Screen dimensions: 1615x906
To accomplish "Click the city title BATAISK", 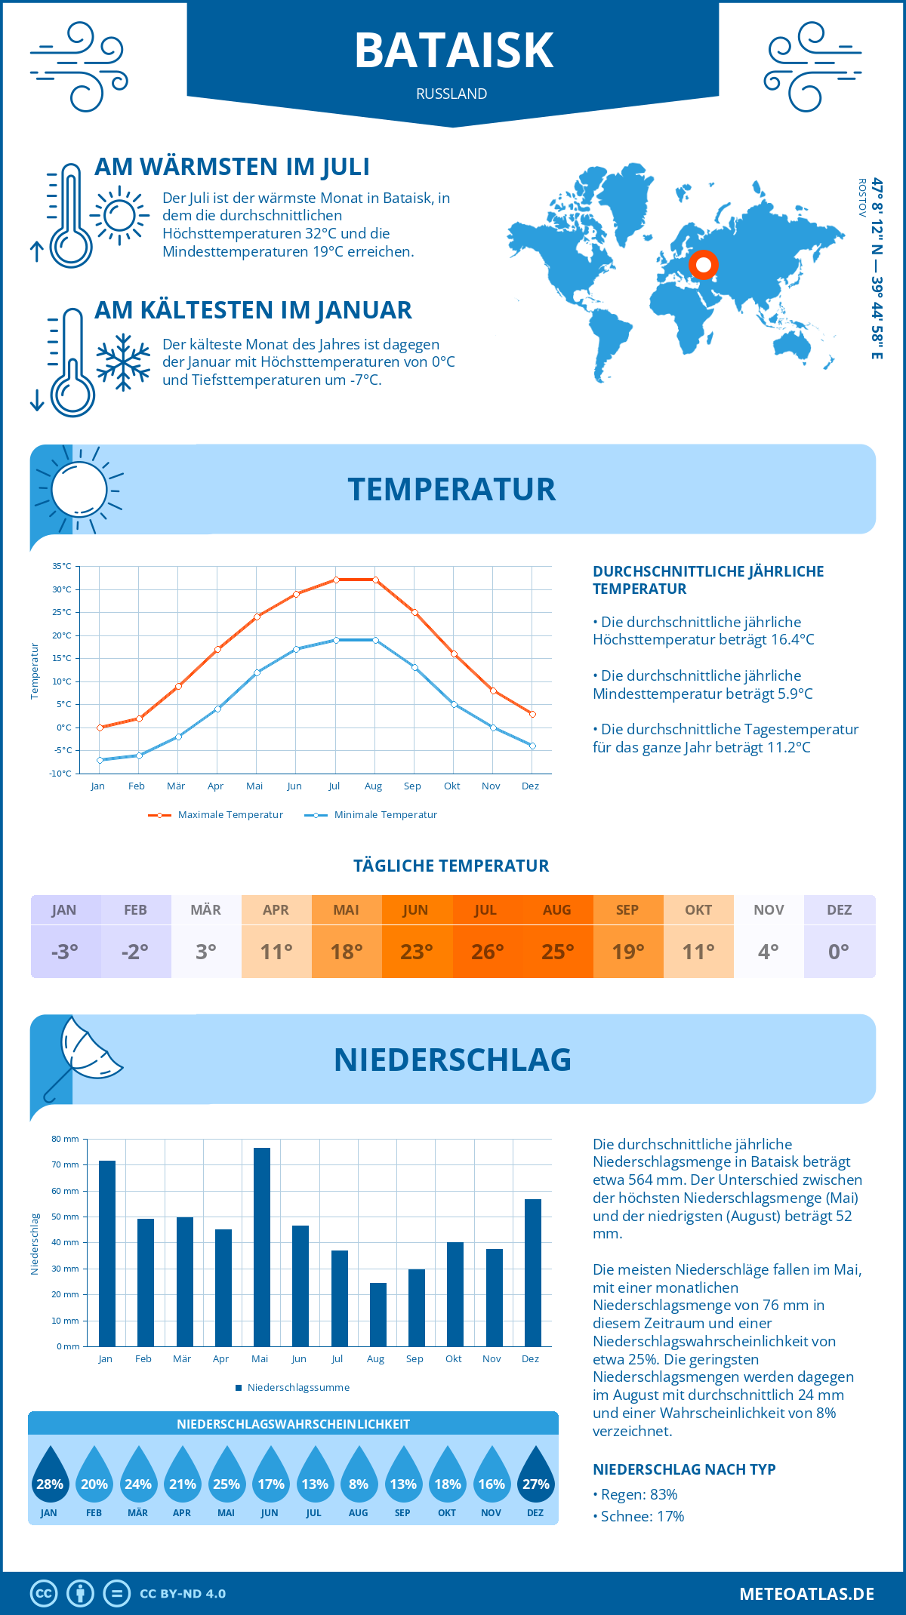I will (x=454, y=51).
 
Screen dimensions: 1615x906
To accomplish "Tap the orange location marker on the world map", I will (x=704, y=265).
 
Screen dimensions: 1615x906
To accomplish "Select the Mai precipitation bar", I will (x=261, y=1247).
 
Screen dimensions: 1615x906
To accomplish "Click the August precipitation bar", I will (x=377, y=1314).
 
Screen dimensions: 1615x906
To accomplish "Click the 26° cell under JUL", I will (x=487, y=952).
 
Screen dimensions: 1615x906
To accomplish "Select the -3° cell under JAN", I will (x=65, y=952).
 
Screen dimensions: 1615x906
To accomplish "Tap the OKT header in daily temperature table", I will (x=698, y=909).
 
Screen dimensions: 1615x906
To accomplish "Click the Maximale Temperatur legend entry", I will (x=216, y=815).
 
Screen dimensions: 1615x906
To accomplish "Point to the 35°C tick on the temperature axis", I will (x=62, y=566).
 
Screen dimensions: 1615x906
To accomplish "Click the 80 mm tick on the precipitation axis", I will (x=66, y=1139).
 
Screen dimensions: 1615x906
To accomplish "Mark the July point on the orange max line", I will (x=336, y=580).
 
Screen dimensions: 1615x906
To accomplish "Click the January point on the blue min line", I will (x=100, y=760).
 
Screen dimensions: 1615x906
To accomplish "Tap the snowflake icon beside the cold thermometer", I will (x=123, y=362).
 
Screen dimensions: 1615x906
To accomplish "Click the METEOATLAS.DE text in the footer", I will (x=806, y=1594).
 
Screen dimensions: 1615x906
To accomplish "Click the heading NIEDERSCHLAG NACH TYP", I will (x=684, y=1469).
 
